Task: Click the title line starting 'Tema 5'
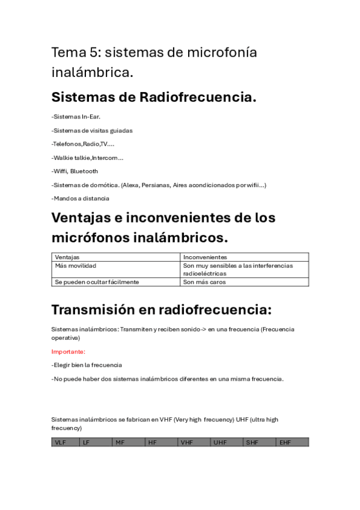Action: tap(154, 53)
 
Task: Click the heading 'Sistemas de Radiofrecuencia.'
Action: tap(154, 97)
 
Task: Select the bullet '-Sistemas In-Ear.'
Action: tap(76, 117)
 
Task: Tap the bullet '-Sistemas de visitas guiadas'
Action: tap(92, 131)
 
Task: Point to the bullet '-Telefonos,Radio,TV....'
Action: tap(83, 144)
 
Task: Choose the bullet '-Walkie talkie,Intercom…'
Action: tap(88, 158)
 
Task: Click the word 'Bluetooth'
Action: tap(84, 171)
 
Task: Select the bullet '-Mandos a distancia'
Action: tap(81, 198)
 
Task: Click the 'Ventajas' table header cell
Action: tap(67, 257)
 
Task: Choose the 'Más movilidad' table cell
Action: tap(76, 265)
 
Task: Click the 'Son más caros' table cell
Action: tap(204, 281)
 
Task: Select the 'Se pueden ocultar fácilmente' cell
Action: tap(97, 281)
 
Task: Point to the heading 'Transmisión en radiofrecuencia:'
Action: tap(161, 310)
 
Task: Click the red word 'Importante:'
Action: tap(69, 351)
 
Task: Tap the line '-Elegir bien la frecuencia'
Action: tap(87, 365)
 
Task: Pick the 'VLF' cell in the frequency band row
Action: tap(61, 443)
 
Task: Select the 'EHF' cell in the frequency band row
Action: tap(285, 443)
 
